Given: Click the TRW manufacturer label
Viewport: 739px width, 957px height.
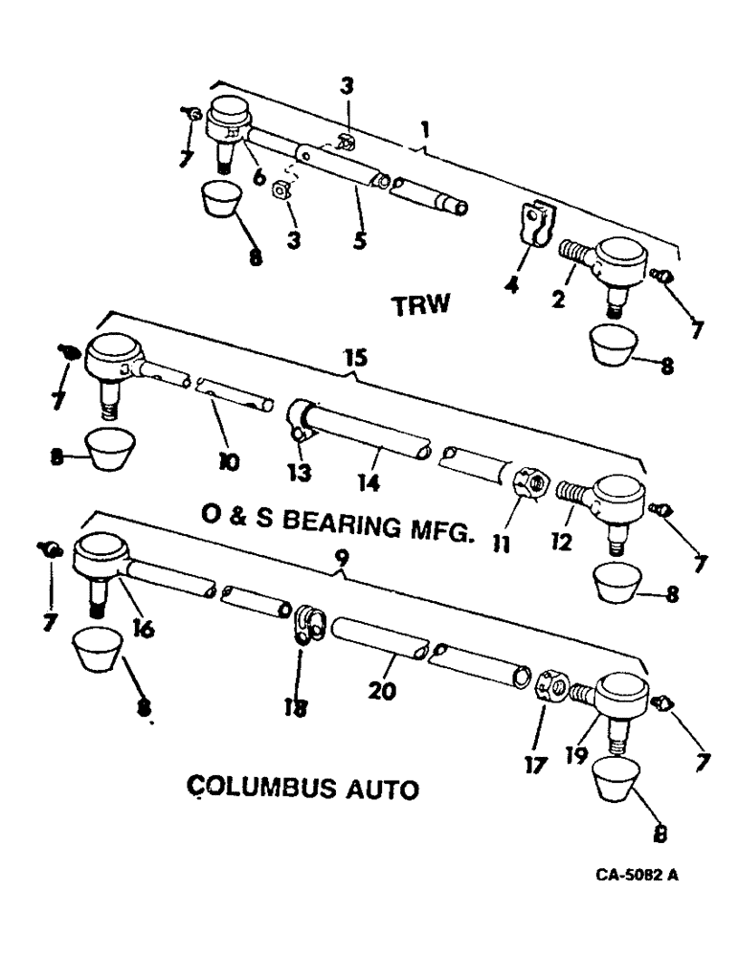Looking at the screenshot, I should [420, 306].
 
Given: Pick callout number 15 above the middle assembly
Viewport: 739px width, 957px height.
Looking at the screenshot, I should [356, 358].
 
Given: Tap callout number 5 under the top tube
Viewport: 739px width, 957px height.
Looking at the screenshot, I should [357, 239].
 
